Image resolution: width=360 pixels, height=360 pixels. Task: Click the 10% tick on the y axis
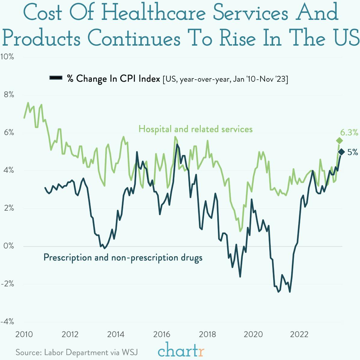[x=7, y=57]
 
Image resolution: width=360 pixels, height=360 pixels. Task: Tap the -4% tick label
[x=7, y=322]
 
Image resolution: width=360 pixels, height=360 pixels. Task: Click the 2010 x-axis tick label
[x=24, y=334]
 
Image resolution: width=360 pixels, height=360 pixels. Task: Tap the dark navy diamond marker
[x=341, y=152]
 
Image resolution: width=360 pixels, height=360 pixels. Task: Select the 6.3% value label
[x=349, y=133]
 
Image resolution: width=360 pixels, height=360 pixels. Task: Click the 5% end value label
[x=352, y=152]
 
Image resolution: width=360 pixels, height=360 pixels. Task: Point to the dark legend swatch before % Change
[x=56, y=78]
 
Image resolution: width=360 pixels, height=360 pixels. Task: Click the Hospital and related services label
[x=195, y=129]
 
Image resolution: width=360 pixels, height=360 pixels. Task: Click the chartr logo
[x=181, y=350]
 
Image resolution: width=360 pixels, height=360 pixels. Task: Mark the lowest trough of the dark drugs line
[x=290, y=291]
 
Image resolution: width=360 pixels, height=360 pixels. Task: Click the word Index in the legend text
[x=149, y=79]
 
